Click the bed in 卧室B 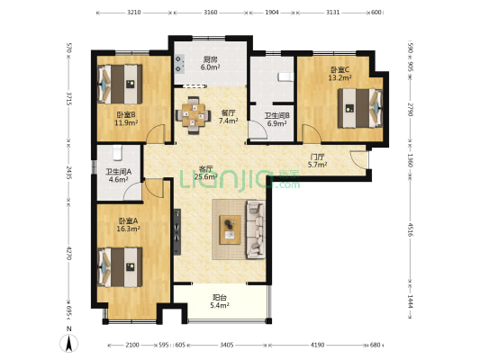(120, 84)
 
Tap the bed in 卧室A (120, 267)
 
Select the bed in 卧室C (360, 108)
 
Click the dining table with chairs (193, 115)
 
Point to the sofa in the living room (256, 229)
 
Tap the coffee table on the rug (230, 229)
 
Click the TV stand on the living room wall (177, 232)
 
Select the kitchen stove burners (179, 64)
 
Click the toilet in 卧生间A (118, 153)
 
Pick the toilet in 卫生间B (285, 76)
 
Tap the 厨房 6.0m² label (210, 64)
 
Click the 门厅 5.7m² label (318, 161)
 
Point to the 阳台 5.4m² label (220, 301)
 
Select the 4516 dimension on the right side (411, 229)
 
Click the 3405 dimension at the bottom (227, 345)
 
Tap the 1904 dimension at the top (272, 13)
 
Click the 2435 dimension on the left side (69, 173)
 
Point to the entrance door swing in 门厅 (358, 159)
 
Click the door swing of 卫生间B (258, 130)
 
